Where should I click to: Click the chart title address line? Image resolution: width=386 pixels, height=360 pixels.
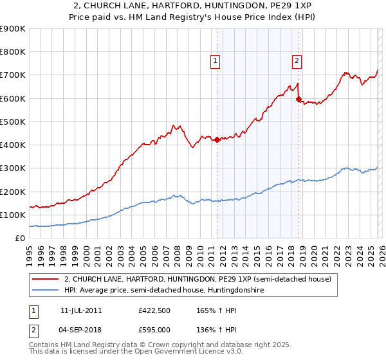coord(193,6)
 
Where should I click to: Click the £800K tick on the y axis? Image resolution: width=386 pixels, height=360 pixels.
coord(13,52)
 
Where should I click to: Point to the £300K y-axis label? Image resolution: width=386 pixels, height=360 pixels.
coord(13,168)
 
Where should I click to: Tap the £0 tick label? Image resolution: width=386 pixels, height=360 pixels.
coord(19,239)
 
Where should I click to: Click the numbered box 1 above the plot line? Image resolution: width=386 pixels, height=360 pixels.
coord(215,62)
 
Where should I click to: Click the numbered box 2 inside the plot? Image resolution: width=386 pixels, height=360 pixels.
coord(297,62)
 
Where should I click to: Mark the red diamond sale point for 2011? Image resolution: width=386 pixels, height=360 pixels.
coord(217,139)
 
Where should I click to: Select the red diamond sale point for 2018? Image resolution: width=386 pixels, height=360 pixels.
coord(299,99)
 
